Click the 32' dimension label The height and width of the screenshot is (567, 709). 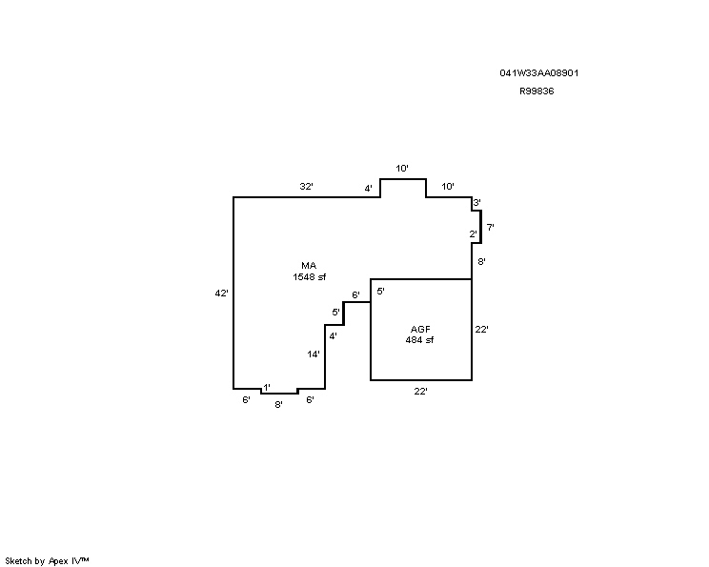307,186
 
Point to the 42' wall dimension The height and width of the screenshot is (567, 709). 221,294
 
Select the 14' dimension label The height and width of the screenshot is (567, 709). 314,354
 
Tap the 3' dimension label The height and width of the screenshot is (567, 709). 476,203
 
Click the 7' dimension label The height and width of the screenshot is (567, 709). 490,227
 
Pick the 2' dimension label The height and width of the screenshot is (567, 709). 473,234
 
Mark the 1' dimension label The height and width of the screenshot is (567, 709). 267,388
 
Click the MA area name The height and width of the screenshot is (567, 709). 309,266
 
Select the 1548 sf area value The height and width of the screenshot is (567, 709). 310,276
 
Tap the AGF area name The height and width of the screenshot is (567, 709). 420,329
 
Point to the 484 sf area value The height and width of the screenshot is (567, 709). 419,340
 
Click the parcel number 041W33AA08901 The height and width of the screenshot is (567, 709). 539,72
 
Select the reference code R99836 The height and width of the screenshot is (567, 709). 537,91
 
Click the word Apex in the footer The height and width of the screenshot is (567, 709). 58,561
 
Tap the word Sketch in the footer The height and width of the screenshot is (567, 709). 18,561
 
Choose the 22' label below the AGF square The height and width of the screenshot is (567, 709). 420,391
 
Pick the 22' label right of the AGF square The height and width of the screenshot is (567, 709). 481,329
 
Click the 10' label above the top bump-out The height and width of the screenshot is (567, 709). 402,169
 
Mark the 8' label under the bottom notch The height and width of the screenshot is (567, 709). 278,405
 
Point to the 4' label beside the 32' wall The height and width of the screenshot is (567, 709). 369,188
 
